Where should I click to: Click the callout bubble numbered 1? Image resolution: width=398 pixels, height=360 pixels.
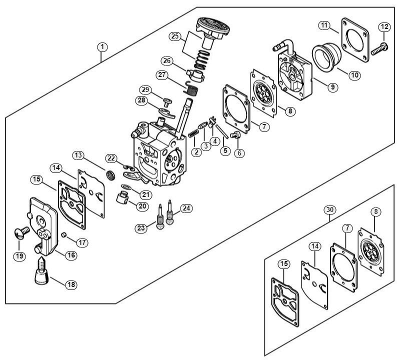[102, 47]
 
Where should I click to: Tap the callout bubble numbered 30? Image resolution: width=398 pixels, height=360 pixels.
[328, 209]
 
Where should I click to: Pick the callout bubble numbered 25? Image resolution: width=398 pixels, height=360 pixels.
[174, 36]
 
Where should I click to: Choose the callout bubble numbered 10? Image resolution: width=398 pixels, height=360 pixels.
[354, 75]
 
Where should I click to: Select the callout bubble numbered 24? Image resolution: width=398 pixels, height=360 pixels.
[186, 207]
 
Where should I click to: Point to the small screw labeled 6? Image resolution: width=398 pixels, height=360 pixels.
[237, 133]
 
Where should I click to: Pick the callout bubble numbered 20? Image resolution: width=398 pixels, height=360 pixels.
[142, 206]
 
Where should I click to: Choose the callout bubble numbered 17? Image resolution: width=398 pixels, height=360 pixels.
[82, 242]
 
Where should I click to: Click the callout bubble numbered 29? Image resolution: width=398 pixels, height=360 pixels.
[145, 89]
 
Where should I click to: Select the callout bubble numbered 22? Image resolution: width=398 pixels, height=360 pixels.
[111, 158]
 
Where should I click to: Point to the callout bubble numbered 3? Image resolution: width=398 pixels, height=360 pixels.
[205, 146]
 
